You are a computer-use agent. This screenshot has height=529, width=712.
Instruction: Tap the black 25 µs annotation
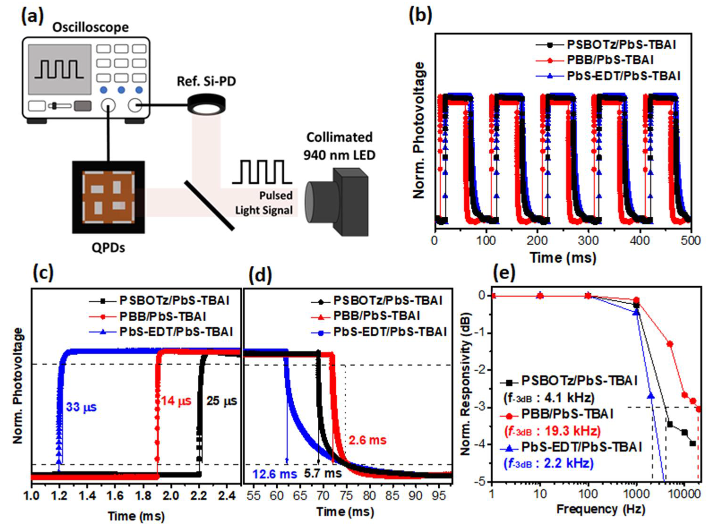pos(222,401)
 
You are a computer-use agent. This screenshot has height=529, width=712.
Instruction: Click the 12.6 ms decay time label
pos(275,474)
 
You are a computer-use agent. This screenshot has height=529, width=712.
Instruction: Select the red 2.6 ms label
pos(368,440)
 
